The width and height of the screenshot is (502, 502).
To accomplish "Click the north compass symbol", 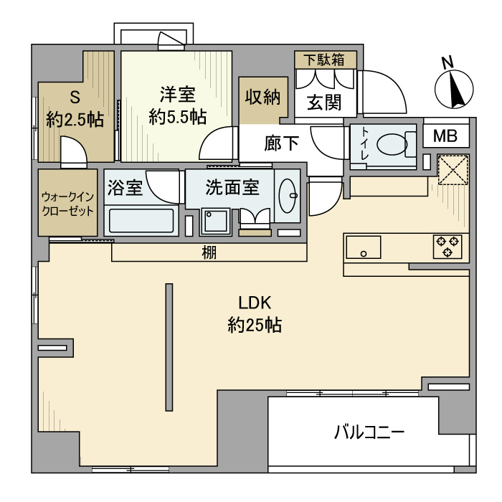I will point(454,90).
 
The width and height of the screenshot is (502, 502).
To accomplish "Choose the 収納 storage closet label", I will point(262,97).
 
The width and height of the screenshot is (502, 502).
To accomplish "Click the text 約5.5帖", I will point(178,117).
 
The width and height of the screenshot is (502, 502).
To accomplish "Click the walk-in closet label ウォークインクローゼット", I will point(67,203).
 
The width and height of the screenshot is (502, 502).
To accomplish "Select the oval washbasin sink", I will point(289,194).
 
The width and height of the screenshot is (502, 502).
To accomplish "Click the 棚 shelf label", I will point(209,252).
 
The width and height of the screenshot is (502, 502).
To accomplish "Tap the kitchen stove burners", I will point(447,246).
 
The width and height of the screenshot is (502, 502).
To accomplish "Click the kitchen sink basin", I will point(364,247).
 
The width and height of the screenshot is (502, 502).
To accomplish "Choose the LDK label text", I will point(253,303).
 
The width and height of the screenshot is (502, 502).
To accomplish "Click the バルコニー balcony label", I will point(369,432).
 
